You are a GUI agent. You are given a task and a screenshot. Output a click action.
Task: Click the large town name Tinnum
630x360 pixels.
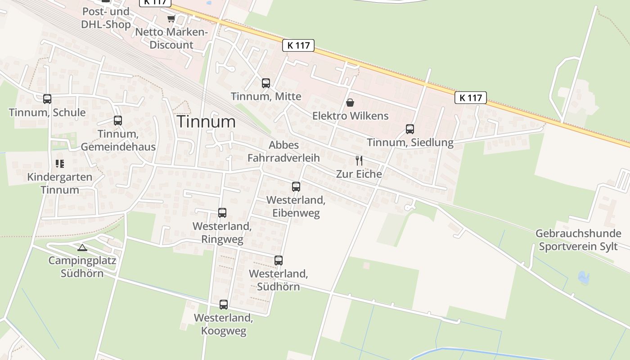point(206,121)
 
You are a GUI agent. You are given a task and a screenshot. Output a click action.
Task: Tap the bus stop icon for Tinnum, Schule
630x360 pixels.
point(47,99)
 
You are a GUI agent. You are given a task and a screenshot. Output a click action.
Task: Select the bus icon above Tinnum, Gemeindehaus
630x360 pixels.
point(118,121)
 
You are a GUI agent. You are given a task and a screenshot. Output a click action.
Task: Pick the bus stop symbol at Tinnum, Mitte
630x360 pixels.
point(266,83)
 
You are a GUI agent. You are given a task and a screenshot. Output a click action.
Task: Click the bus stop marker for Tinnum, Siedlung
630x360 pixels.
point(410,129)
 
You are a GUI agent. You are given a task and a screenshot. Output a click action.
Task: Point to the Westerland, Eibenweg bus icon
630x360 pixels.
point(296,186)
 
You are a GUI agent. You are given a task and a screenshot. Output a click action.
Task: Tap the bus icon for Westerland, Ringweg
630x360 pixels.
point(222,213)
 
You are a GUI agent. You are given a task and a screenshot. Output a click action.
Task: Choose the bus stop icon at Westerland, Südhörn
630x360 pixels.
point(279,260)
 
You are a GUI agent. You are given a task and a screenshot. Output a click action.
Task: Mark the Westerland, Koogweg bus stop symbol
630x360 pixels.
point(224,305)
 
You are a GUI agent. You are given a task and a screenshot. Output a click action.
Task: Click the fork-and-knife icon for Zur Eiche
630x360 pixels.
point(359,161)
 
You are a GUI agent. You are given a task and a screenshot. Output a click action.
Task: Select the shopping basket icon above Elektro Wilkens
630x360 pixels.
point(350,103)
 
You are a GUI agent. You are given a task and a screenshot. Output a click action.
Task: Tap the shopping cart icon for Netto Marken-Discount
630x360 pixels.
point(171,19)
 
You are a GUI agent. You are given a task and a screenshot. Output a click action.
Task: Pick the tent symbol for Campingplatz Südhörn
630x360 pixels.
point(82,247)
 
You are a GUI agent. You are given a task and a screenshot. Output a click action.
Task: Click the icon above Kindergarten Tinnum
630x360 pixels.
point(60,164)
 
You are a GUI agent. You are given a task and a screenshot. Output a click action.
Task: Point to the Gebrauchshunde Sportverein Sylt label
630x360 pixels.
point(578,240)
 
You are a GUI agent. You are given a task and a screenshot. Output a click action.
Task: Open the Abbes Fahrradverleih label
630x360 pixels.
point(283,151)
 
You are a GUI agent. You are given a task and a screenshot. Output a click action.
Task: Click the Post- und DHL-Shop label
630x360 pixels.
point(106,18)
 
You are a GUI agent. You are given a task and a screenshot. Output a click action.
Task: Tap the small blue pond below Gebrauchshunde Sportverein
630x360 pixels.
point(583,277)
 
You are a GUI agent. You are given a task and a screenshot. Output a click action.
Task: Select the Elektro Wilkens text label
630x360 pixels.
point(350,116)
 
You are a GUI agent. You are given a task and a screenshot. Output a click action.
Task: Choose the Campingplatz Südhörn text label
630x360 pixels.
point(82,267)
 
